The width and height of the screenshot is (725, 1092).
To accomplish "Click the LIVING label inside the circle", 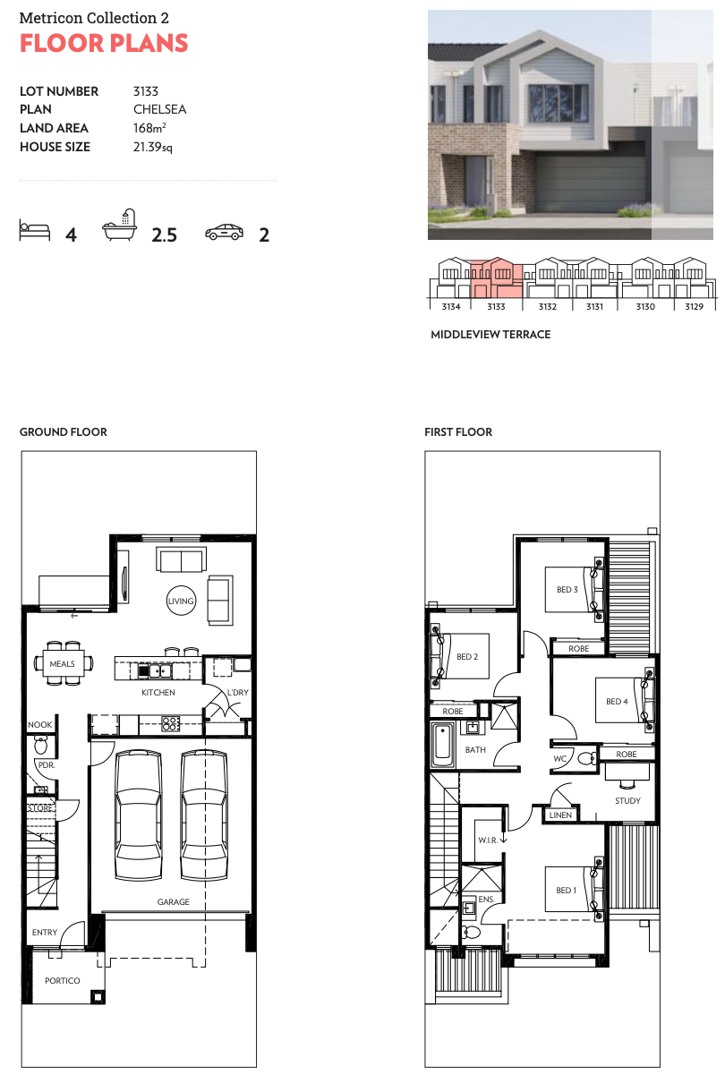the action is (x=181, y=601).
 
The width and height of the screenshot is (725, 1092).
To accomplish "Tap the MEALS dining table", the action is (x=63, y=663).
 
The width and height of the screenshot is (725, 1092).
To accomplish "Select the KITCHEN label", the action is (x=158, y=692).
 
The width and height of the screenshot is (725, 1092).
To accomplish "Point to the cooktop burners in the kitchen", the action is (x=171, y=723).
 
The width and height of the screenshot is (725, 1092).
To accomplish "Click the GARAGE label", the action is (x=173, y=902).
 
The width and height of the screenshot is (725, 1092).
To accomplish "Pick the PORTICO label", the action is (x=63, y=980).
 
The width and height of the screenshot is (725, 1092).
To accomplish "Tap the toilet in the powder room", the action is (x=40, y=746).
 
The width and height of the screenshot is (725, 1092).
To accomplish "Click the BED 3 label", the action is (x=567, y=589).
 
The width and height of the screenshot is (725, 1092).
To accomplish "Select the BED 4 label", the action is (x=617, y=701).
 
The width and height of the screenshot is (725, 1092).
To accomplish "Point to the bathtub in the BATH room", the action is (x=443, y=746).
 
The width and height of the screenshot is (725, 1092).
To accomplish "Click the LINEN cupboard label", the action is (x=560, y=815).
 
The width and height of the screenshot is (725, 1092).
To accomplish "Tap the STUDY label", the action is (x=627, y=800).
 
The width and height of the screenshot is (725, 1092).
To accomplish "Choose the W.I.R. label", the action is (x=488, y=840).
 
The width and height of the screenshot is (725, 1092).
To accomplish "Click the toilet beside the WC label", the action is (x=587, y=758).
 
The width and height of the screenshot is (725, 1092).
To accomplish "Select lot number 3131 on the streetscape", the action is (x=594, y=307).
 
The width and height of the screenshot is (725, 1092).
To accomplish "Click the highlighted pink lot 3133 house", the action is (x=497, y=277).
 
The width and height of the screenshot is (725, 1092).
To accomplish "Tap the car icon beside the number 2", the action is (x=225, y=232).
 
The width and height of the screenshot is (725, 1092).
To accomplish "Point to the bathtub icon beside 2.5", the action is (x=120, y=226).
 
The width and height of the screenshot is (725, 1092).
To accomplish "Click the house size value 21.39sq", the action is (x=152, y=147).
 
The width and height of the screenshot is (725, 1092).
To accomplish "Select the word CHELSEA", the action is (x=160, y=109).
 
